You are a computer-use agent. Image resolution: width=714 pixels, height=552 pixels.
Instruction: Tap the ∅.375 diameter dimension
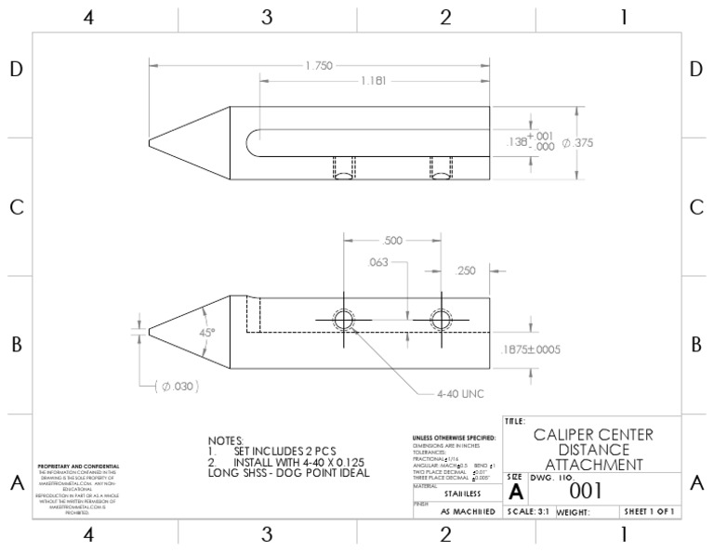(x=577, y=143)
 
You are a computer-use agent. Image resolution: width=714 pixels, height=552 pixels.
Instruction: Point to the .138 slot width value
(x=515, y=142)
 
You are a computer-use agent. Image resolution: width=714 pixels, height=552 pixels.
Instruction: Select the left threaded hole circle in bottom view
(x=343, y=320)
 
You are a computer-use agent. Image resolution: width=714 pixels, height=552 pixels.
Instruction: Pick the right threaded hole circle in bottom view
(x=438, y=320)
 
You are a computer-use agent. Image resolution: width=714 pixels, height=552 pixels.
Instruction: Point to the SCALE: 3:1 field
(x=529, y=512)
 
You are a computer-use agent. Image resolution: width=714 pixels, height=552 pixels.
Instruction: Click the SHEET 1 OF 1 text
(x=649, y=512)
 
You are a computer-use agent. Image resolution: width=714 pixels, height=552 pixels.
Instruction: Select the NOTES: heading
(x=226, y=440)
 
